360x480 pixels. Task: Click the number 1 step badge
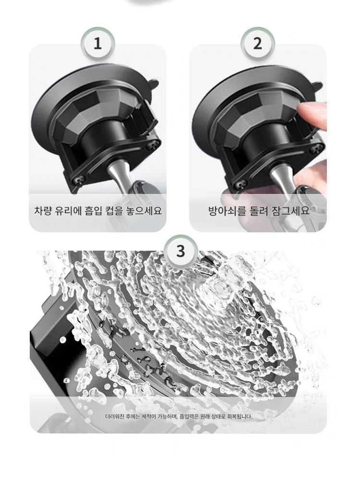click(x=97, y=44)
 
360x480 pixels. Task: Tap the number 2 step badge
click(x=258, y=44)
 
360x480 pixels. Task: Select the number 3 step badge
click(x=180, y=251)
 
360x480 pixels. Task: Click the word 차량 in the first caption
click(x=42, y=211)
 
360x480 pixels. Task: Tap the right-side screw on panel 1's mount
click(x=151, y=146)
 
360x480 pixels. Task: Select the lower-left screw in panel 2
click(x=242, y=184)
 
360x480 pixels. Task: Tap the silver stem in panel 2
click(x=280, y=180)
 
